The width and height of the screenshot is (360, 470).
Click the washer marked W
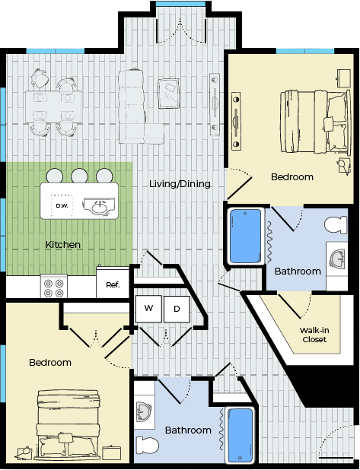(x=148, y=309)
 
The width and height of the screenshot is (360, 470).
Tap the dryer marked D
(x=177, y=309)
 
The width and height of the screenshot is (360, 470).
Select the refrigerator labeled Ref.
(x=113, y=282)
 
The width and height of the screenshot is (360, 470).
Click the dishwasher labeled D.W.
(x=62, y=205)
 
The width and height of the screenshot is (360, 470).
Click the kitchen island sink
(x=99, y=206)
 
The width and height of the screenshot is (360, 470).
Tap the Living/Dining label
(x=180, y=183)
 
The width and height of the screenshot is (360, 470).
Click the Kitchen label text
(x=63, y=245)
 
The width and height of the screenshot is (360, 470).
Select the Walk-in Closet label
(x=314, y=335)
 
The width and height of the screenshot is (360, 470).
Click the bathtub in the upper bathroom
(x=245, y=237)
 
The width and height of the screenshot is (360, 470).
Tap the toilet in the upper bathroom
(x=336, y=225)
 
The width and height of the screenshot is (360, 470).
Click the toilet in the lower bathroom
(x=148, y=445)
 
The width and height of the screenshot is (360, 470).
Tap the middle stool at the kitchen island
(x=79, y=176)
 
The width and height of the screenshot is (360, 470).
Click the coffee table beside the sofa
(x=169, y=94)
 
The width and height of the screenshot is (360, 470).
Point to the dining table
(x=54, y=107)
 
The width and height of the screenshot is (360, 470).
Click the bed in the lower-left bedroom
(x=68, y=424)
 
